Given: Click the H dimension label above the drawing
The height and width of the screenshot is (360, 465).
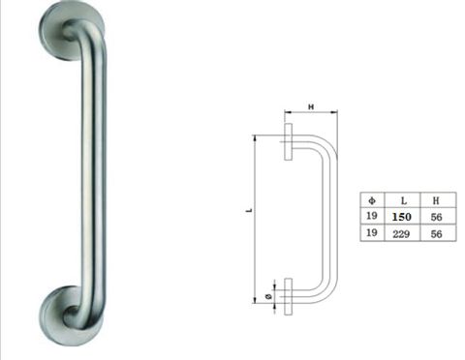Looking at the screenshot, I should (x=312, y=105).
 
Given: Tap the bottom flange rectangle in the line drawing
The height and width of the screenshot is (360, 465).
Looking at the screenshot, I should (x=289, y=294).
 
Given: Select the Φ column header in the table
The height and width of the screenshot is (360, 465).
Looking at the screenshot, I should (x=371, y=199).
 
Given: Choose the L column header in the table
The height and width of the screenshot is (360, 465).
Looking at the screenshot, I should (x=401, y=199).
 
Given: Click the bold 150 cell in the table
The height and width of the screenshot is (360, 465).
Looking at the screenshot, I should (x=401, y=217).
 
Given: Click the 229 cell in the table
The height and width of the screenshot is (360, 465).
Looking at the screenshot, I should (x=401, y=234).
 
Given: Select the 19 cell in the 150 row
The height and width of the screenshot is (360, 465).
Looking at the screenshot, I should (x=371, y=217).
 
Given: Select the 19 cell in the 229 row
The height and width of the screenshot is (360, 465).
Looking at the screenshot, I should (x=371, y=234).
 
